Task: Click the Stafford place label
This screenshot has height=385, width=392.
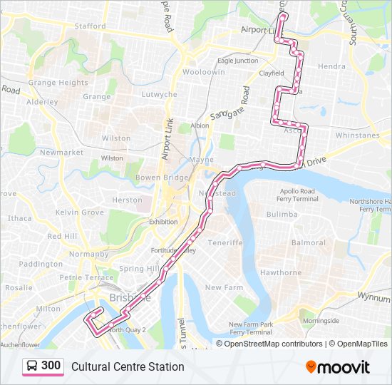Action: click(x=90, y=26)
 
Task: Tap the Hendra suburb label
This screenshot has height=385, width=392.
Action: click(x=331, y=66)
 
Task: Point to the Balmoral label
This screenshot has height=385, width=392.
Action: click(x=308, y=243)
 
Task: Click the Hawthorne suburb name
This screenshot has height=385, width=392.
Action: click(x=281, y=272)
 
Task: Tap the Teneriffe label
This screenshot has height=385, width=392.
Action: click(x=225, y=242)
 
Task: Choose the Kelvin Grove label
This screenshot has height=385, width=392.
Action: click(x=80, y=212)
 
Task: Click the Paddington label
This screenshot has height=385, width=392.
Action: click(x=41, y=264)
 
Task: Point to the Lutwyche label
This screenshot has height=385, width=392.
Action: click(x=159, y=94)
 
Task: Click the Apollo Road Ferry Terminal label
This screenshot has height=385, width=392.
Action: click(x=298, y=195)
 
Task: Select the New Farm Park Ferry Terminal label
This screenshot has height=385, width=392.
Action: click(x=250, y=328)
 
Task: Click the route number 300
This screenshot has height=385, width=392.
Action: click(x=51, y=366)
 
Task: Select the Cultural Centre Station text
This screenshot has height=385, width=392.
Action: click(x=128, y=366)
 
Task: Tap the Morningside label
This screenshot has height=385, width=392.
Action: click(x=321, y=321)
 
